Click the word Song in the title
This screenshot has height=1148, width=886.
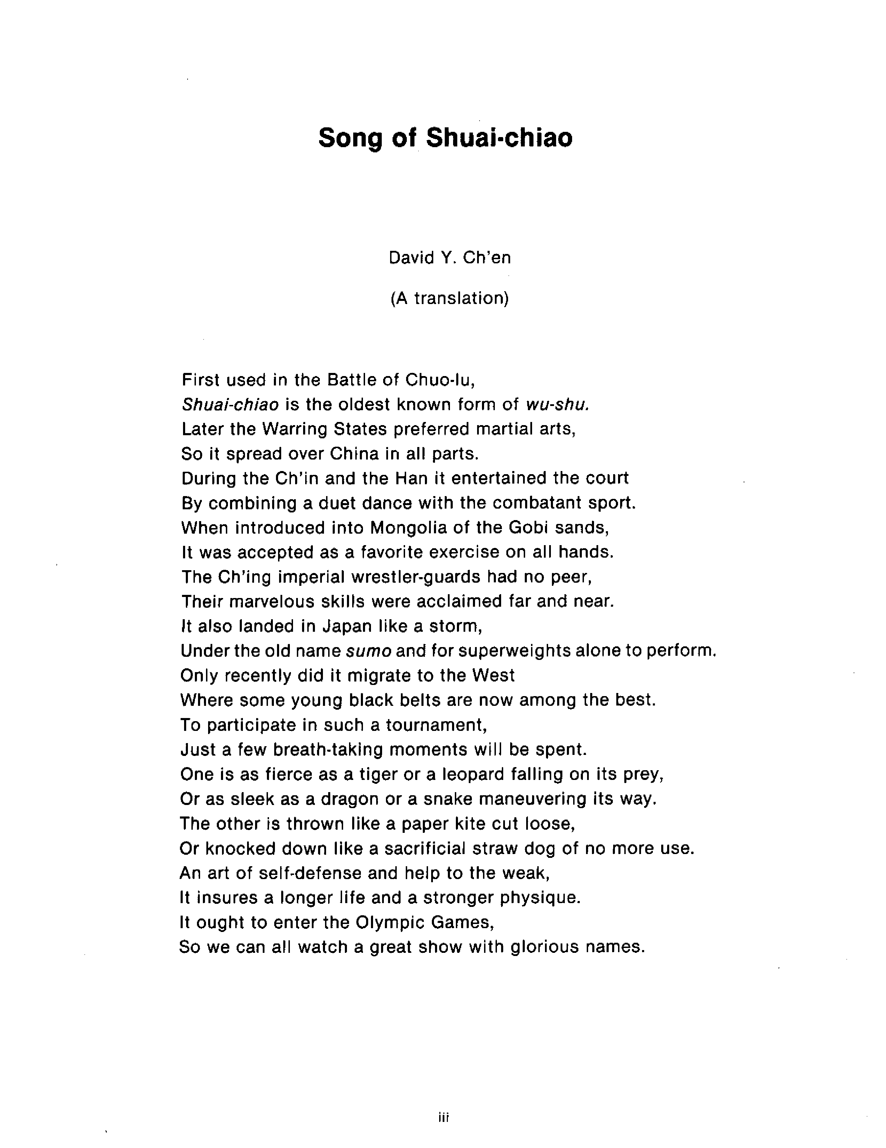pos(349,138)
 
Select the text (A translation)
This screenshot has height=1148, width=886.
pos(450,298)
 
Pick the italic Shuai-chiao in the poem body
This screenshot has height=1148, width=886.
pos(230,404)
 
